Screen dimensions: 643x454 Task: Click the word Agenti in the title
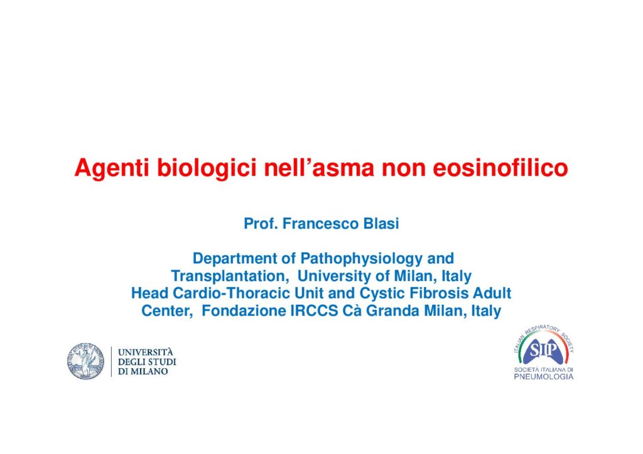pos(112,169)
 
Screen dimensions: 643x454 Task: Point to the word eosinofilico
pos(500,167)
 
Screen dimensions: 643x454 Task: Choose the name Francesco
pos(320,224)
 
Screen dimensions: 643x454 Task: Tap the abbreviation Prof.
pos(261,224)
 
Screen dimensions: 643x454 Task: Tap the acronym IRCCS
pos(314,311)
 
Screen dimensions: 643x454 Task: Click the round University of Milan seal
pos(85,361)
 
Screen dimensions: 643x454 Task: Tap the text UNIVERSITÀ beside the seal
pos(146,352)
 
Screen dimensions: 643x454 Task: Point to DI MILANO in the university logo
pos(143,372)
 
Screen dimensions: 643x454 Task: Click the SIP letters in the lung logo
pos(543,351)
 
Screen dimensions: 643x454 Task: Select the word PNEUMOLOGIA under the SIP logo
pos(544,377)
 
